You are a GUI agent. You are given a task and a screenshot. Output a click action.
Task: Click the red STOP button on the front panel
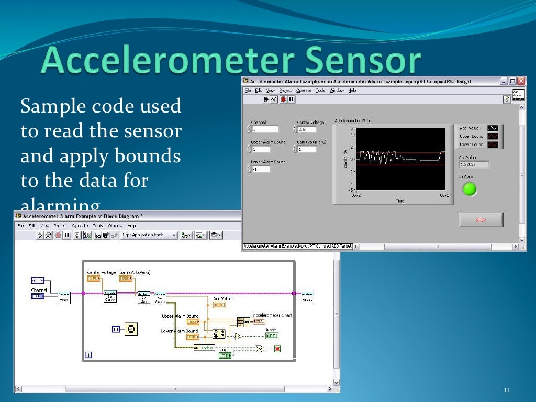[481, 220]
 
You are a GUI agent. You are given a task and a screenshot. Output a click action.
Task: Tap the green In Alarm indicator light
[470, 189]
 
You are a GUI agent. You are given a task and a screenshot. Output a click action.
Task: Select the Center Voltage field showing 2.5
[307, 129]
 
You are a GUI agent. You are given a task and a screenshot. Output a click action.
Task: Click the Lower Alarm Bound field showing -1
[261, 169]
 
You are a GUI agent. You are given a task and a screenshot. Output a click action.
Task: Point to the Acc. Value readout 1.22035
[474, 164]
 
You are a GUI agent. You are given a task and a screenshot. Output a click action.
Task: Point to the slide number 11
[506, 390]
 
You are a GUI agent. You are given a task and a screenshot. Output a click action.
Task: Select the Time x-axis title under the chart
[400, 200]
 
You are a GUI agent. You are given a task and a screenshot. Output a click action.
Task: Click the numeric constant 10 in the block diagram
[116, 329]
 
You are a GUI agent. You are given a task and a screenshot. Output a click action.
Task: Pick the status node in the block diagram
[204, 348]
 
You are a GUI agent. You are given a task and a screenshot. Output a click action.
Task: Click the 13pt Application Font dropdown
[149, 235]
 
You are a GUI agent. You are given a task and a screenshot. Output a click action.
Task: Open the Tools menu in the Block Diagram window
[98, 226]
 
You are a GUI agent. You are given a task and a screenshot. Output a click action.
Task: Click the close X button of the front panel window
[520, 81]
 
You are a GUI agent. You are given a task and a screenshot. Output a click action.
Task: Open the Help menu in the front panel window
[352, 90]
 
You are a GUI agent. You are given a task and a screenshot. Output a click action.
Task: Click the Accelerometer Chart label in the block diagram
[272, 315]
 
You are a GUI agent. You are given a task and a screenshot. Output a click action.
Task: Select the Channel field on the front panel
[265, 129]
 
